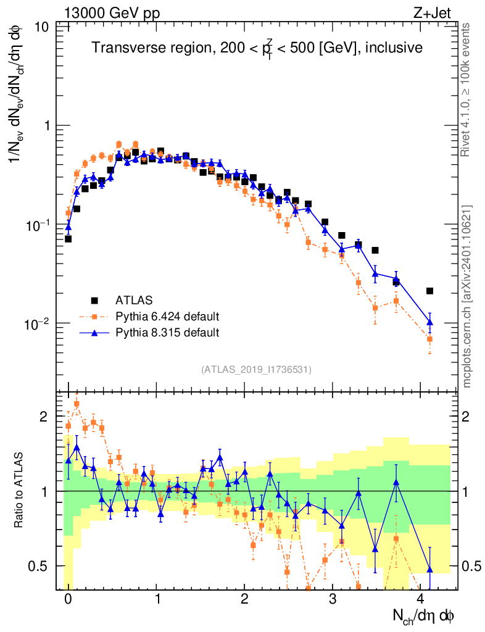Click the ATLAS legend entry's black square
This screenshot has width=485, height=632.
pos(94,301)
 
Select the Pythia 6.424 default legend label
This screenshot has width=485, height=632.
pos(167,317)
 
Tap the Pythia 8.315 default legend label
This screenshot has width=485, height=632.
pos(167,333)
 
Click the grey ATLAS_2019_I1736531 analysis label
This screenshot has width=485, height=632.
pos(256,370)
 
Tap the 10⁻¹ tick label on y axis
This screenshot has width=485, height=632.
pos(39,225)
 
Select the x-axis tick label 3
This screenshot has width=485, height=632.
pos(333,599)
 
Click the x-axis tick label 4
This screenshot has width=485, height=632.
pos(421,599)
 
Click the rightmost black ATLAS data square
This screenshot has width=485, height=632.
pos(430,291)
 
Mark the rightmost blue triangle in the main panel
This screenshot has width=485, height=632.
pos(430,322)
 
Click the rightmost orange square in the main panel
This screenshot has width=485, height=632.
pos(430,339)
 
